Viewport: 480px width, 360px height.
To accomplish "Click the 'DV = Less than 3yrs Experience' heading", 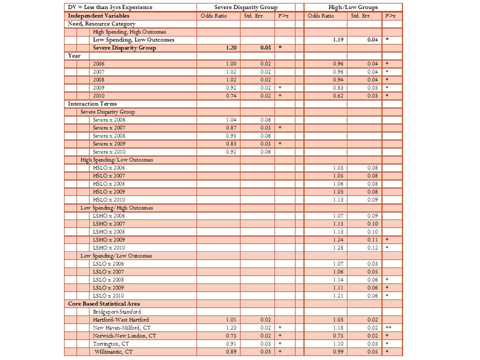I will click(110, 7).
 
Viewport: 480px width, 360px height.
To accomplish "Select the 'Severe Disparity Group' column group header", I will click(245, 7).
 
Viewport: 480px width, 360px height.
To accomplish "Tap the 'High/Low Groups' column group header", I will click(353, 7).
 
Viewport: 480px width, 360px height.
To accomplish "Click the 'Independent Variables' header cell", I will click(98, 15).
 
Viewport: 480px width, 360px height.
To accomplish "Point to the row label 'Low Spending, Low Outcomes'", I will click(133, 39).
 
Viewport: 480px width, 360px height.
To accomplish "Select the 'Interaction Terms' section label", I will click(92, 103).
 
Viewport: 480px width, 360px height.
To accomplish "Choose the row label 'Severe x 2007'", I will click(109, 127).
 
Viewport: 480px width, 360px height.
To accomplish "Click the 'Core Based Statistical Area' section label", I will click(104, 303).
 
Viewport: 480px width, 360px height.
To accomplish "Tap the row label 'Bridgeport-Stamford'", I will click(117, 311).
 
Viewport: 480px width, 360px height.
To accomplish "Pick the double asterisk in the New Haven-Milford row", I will click(388, 327).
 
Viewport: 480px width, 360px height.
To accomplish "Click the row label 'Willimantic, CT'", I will click(114, 351).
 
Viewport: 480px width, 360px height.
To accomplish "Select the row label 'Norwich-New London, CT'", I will click(124, 335).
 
